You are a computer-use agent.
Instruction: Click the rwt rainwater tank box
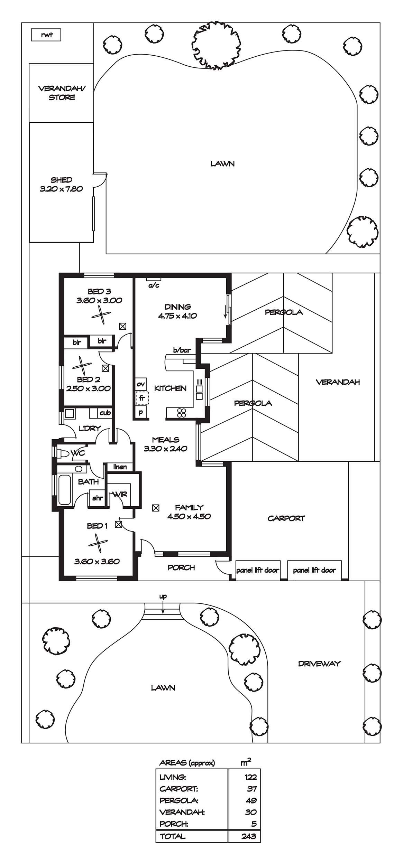46,35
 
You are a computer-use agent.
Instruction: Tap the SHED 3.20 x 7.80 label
61,184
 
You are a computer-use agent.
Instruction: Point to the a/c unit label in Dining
154,285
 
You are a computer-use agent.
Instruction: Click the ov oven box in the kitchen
141,384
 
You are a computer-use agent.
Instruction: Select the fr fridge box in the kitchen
142,398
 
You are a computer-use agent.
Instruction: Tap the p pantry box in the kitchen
141,412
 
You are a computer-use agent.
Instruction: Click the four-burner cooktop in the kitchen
182,412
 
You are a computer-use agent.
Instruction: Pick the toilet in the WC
63,453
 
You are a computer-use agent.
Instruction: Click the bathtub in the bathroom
65,490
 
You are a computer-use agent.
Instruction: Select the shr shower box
97,498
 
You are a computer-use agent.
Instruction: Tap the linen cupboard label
120,467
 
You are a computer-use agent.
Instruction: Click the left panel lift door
258,570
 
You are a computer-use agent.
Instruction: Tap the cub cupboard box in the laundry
105,413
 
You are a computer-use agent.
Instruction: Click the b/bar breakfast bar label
182,350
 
